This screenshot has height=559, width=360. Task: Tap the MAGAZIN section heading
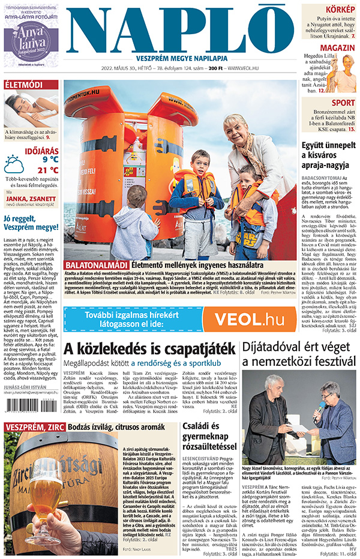(337, 48)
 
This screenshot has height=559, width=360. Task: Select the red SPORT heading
(343, 103)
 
